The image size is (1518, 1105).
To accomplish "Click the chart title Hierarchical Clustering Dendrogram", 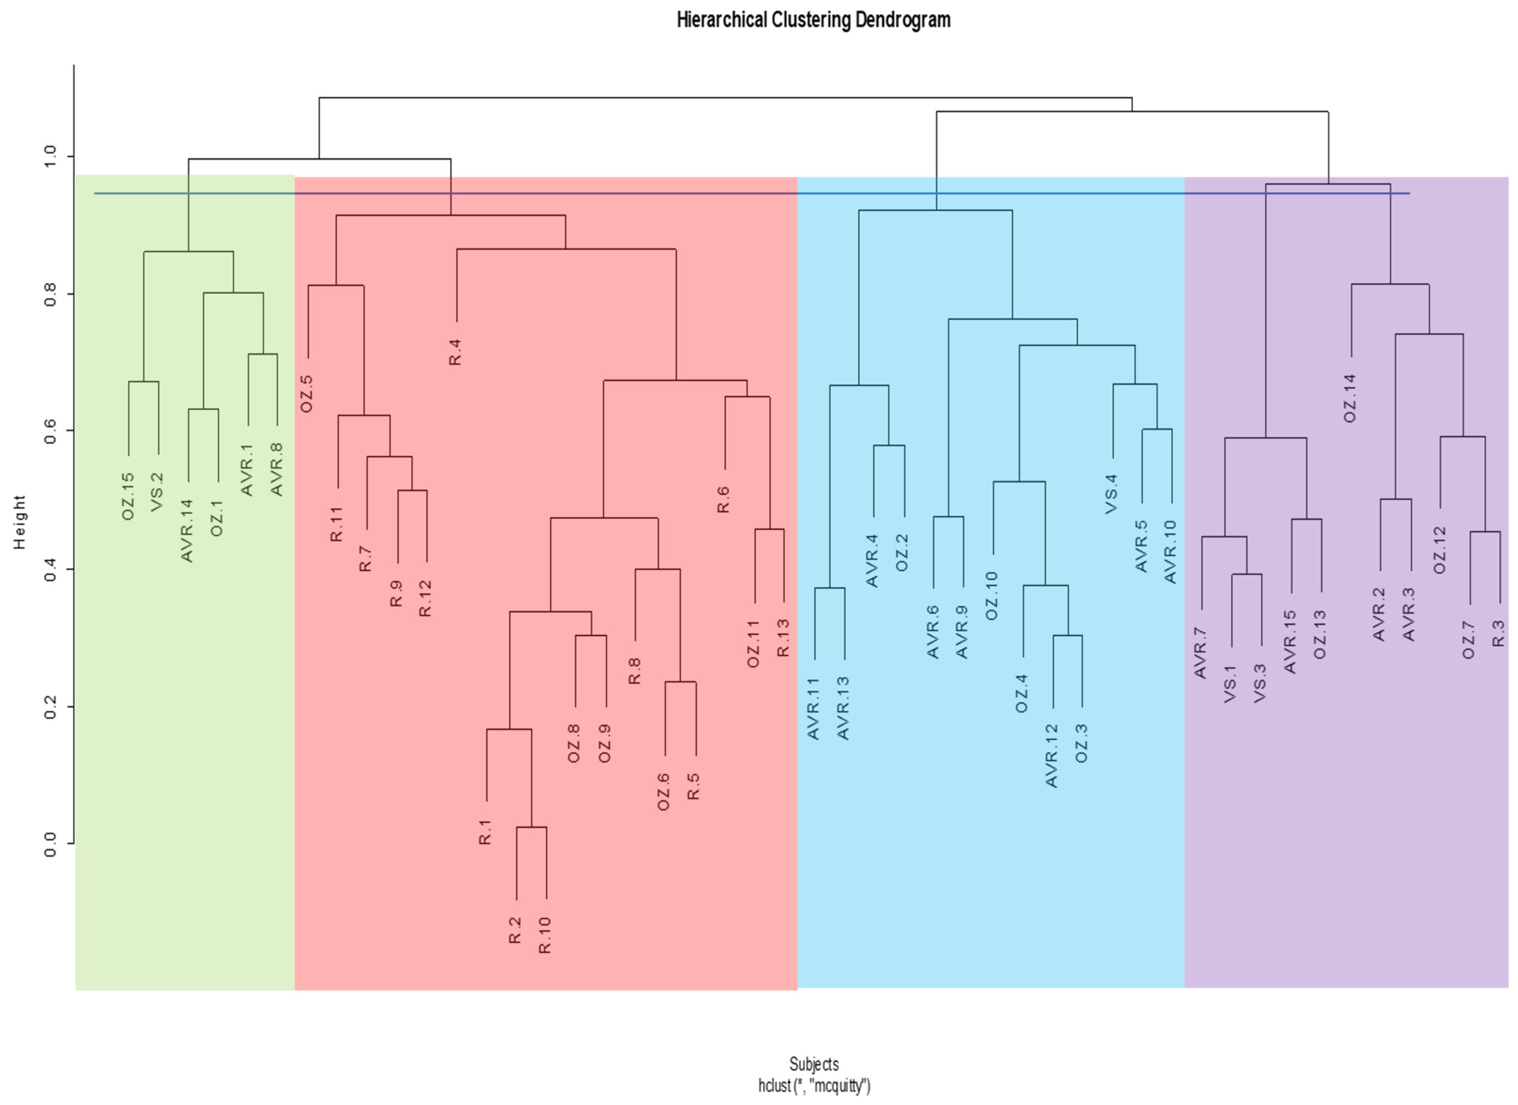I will (813, 20).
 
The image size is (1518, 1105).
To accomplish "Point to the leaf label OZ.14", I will (1350, 398).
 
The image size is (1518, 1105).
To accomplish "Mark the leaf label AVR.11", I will (813, 709).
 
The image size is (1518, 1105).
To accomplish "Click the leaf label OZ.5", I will (306, 394).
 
